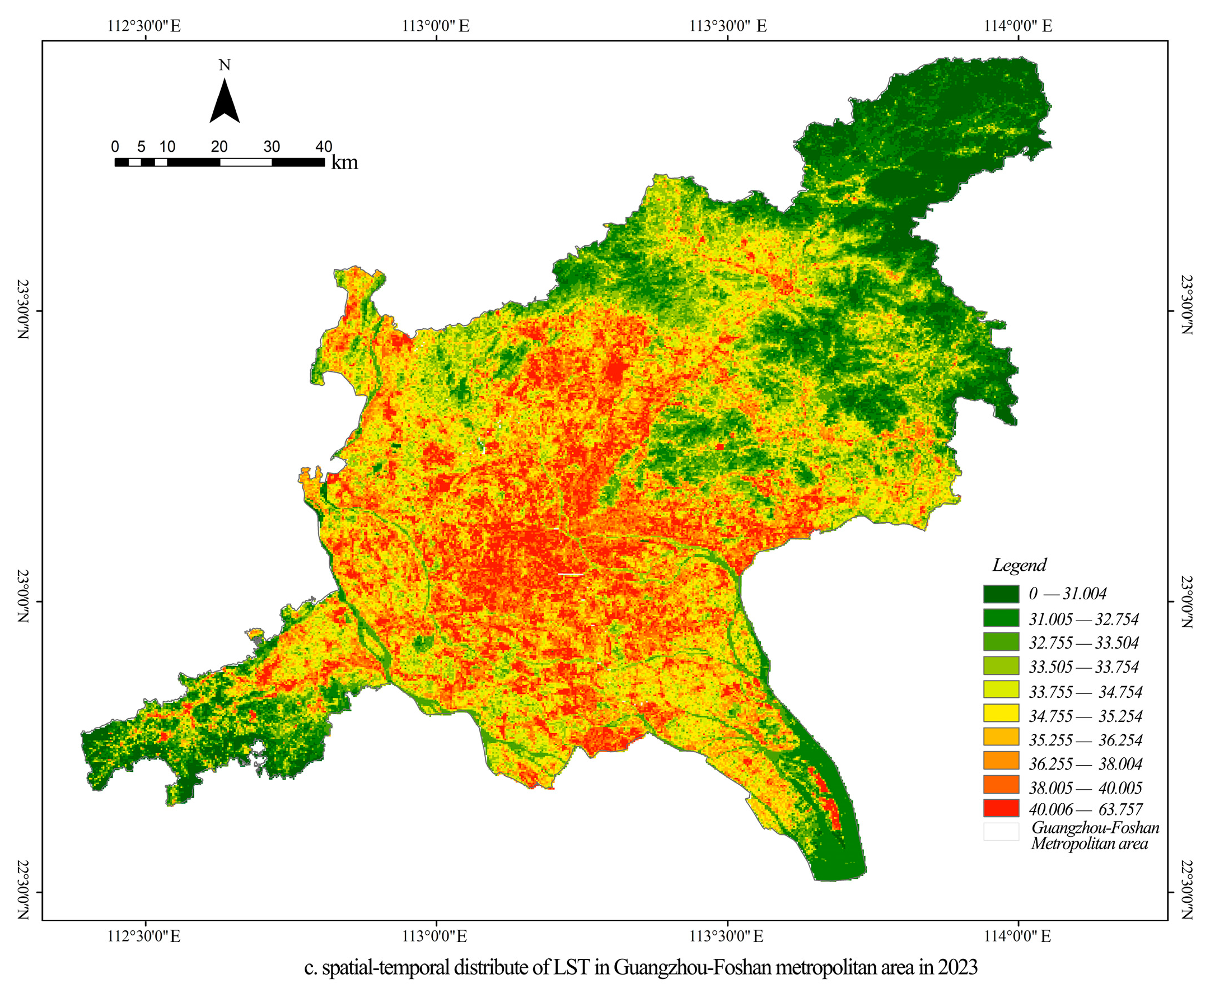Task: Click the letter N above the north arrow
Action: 224,66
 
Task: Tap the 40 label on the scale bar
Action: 324,147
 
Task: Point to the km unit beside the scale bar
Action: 344,163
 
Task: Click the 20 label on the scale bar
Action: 219,147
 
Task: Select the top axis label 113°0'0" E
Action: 436,26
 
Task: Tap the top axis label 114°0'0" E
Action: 1018,26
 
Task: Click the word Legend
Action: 1019,565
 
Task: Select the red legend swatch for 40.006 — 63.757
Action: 1001,809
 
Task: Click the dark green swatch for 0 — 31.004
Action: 1001,594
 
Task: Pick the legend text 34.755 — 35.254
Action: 1085,716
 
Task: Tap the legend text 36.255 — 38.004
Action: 1085,764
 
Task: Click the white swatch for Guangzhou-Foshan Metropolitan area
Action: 1001,832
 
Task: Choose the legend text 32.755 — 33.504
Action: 1083,643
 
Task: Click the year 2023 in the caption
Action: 958,967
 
